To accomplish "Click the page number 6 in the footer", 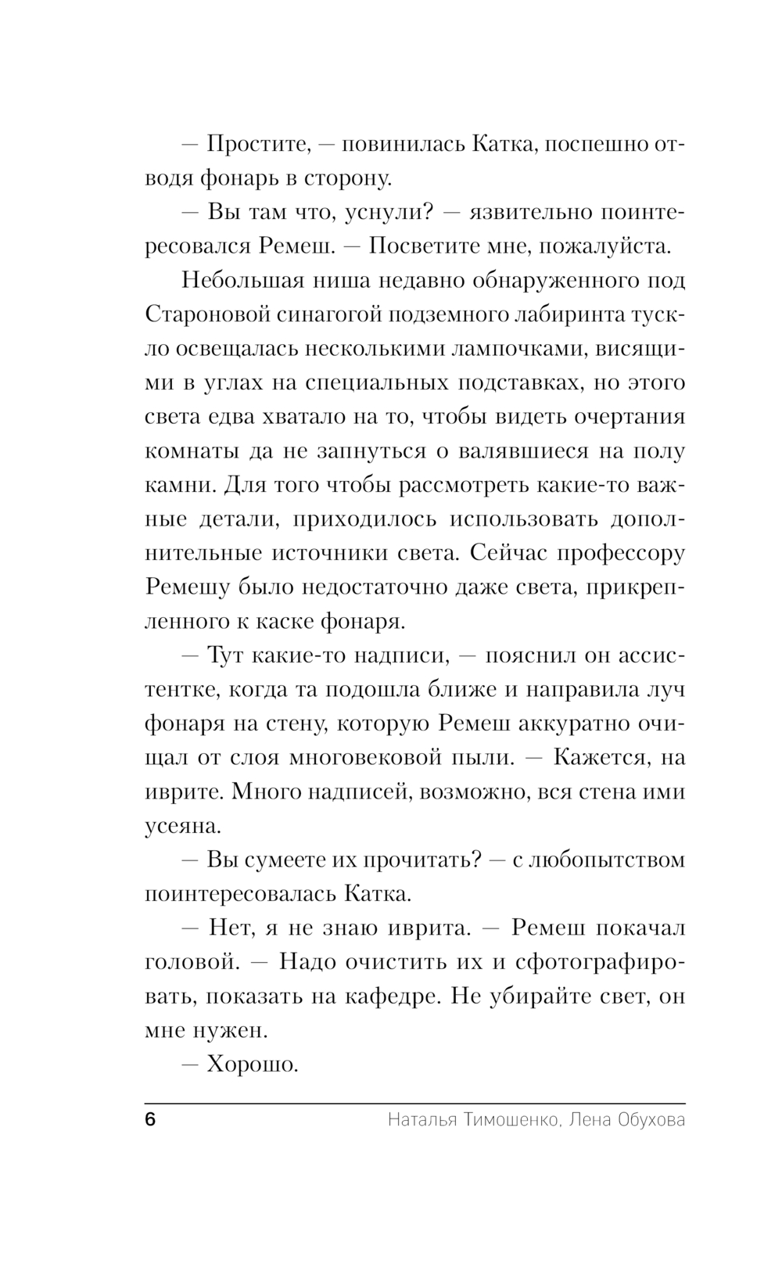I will [x=150, y=1120].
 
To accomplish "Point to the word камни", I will [x=181, y=485].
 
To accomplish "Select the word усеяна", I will [x=182, y=825].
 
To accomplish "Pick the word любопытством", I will [x=608, y=860].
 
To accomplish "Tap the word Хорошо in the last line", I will [x=253, y=1064].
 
